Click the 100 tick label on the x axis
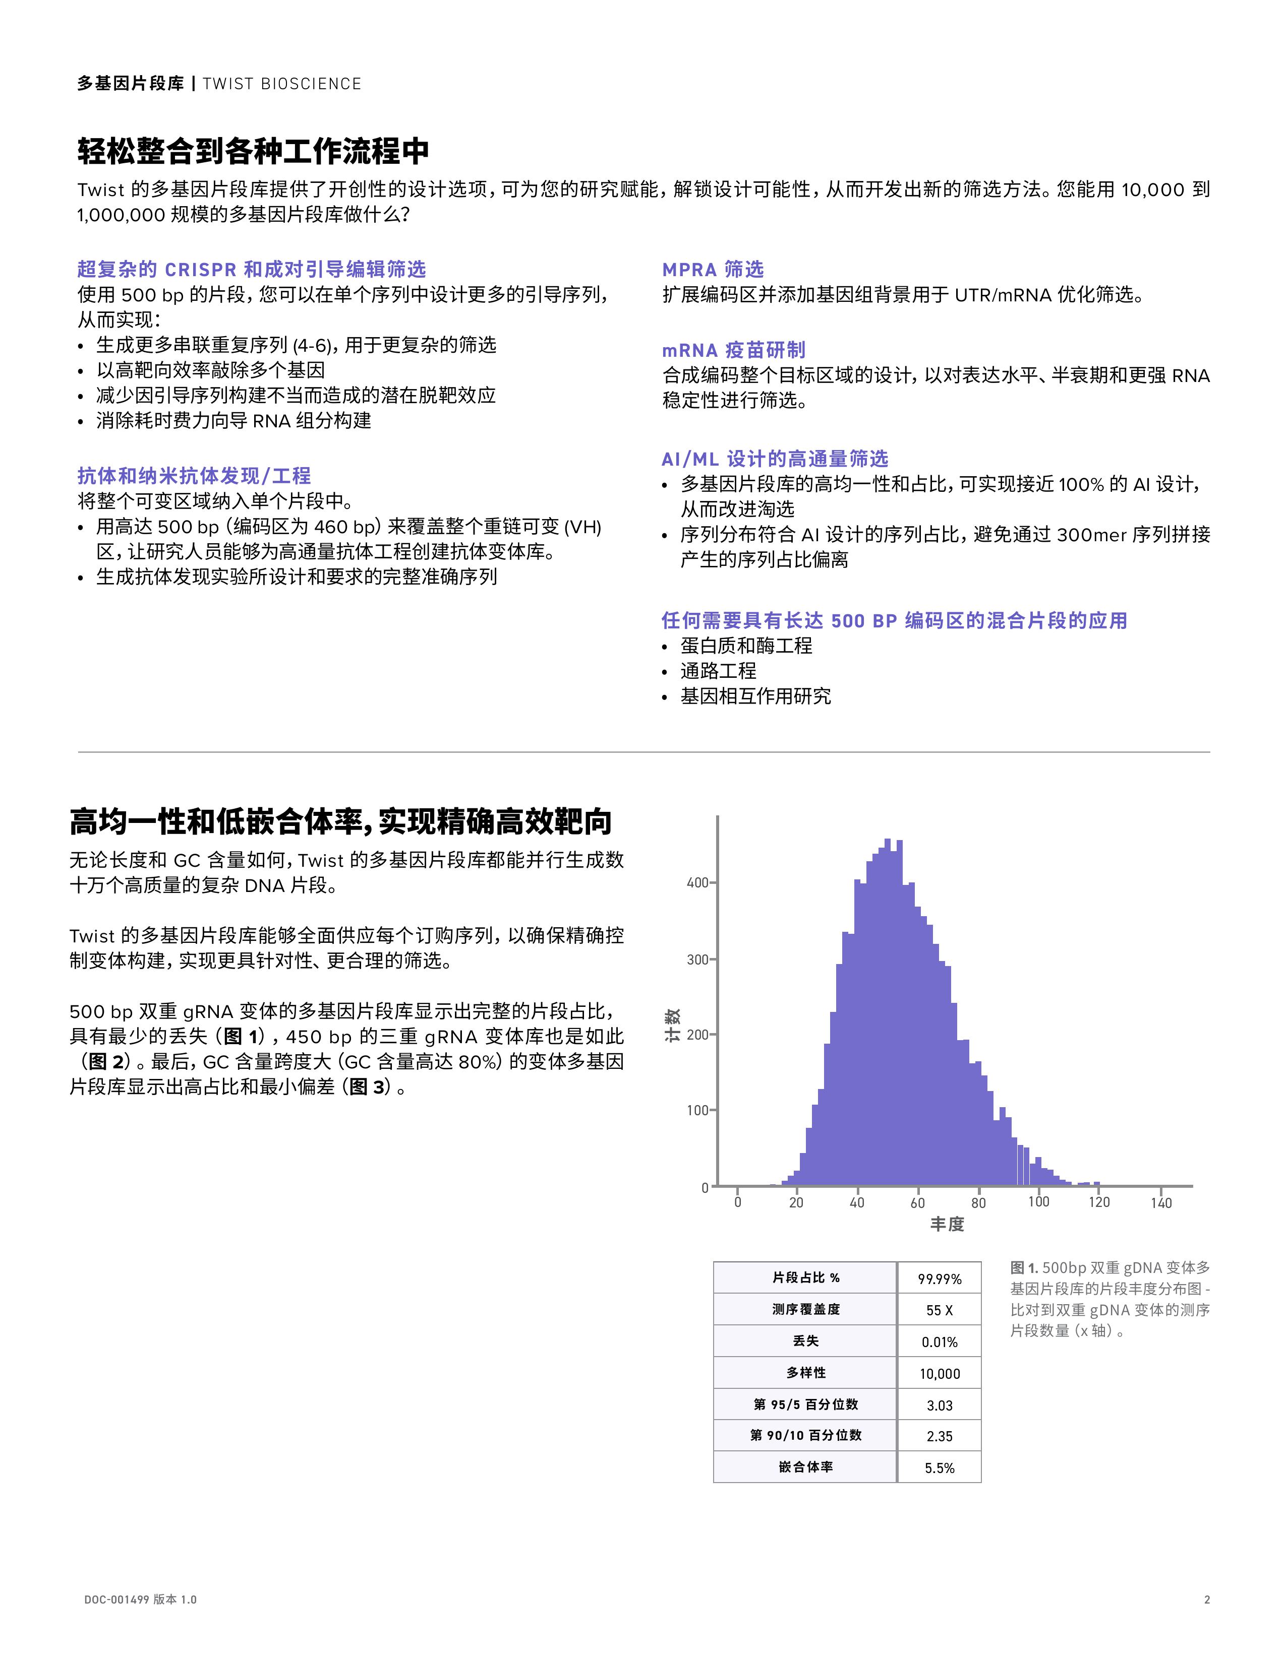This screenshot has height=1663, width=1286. pyautogui.click(x=1038, y=1201)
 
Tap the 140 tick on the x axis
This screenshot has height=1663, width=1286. pyautogui.click(x=1160, y=1202)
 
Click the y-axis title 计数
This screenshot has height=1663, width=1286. pyautogui.click(x=673, y=1026)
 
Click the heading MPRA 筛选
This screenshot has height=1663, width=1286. pyautogui.click(x=712, y=270)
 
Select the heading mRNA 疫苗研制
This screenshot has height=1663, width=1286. pyautogui.click(x=733, y=350)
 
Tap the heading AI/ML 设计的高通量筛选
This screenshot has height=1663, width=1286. pyautogui.click(x=774, y=459)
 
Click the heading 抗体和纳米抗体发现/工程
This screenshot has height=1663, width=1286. pyautogui.click(x=194, y=476)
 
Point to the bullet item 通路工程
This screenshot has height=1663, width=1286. pyautogui.click(x=718, y=671)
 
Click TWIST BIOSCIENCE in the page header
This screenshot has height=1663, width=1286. pyautogui.click(x=282, y=84)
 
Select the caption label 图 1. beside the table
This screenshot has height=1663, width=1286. pyautogui.click(x=1024, y=1268)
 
